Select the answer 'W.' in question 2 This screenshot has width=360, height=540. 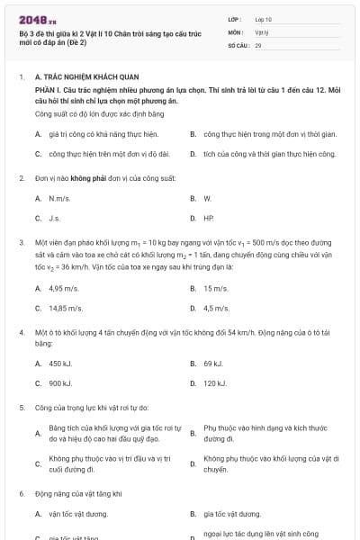pos(207,197)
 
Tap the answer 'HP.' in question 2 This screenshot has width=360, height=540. pos(209,218)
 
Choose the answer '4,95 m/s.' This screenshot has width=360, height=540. pos(65,288)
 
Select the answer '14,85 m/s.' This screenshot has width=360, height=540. pos(67,308)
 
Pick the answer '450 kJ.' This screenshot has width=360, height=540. pos(61,364)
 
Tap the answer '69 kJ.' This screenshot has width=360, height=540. pos(213,364)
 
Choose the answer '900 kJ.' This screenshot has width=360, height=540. pos(61,383)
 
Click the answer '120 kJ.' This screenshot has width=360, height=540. pos(215,383)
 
